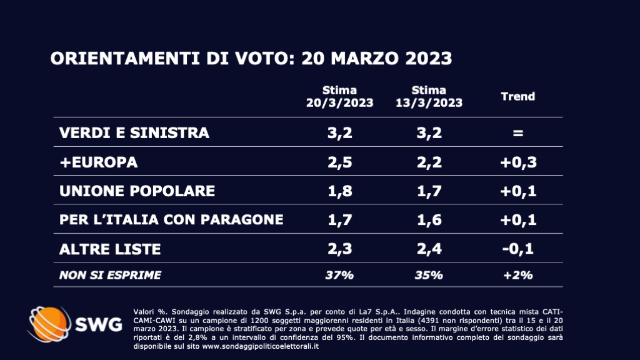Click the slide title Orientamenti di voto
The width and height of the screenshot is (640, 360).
251,58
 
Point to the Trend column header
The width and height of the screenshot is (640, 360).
518,96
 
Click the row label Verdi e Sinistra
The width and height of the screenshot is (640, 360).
134,133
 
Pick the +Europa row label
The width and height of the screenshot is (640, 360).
98,162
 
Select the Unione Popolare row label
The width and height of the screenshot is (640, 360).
137,191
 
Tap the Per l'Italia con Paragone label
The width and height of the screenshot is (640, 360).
171,219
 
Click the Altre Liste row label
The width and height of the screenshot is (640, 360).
109,249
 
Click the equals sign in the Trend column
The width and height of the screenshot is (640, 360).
518,133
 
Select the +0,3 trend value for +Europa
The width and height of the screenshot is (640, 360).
518,162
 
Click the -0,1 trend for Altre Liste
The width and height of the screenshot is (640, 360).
518,249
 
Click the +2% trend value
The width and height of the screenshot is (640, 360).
518,274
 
